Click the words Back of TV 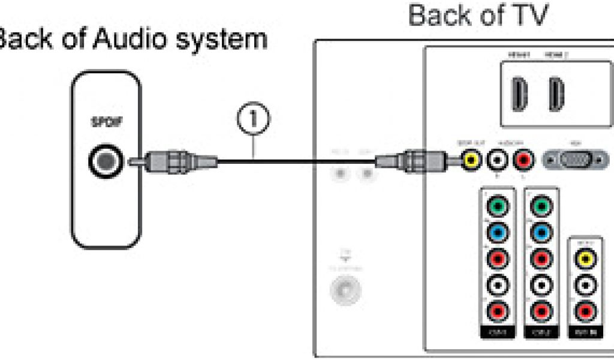coord(478,16)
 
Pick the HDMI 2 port coord(555,95)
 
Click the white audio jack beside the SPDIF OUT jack coord(498,160)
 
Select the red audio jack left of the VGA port coord(525,160)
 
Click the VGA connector coord(575,160)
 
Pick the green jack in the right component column coord(541,207)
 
